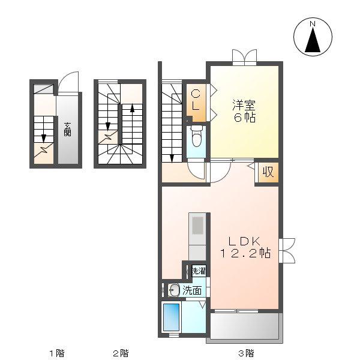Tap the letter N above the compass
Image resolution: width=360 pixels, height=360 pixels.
[313, 23]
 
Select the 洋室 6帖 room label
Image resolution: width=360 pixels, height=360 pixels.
[244, 111]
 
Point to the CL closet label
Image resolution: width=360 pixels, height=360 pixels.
[196, 100]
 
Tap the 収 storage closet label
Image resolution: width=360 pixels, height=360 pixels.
[268, 172]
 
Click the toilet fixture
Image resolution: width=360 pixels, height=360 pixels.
[196, 136]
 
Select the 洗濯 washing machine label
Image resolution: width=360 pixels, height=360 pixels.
[199, 271]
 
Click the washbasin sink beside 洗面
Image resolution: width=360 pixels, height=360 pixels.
[174, 290]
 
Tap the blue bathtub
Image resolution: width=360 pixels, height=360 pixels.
[171, 318]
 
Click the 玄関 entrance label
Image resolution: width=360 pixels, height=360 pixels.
[67, 130]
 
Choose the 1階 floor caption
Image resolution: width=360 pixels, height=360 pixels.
[57, 353]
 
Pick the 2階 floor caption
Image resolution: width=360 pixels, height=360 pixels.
[121, 353]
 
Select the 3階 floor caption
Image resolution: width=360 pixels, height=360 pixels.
[246, 353]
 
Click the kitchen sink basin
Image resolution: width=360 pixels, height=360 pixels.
[197, 226]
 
